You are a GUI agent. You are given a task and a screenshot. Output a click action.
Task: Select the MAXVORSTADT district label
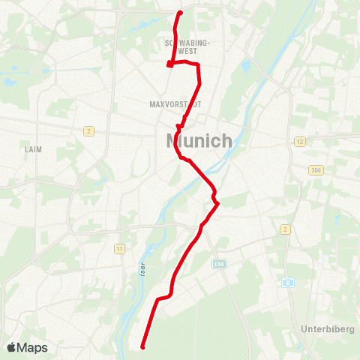175,104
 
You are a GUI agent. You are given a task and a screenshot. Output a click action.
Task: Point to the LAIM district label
33,149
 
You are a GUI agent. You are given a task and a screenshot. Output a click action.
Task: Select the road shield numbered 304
314,170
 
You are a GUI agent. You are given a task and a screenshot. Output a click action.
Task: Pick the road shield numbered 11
118,248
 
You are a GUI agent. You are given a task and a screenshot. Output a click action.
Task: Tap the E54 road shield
219,264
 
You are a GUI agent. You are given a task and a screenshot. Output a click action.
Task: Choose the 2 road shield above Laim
88,131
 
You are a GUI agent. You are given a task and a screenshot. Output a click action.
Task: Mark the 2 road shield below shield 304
285,229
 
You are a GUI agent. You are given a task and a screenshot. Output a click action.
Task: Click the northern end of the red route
180,13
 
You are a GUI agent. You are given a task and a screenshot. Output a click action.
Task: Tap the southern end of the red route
142,346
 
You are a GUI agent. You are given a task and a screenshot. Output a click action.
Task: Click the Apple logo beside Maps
12,347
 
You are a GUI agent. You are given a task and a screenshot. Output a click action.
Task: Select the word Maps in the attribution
33,348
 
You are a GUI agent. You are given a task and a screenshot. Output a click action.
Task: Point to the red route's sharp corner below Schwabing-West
170,65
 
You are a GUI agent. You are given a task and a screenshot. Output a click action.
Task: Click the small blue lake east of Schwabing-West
245,66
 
